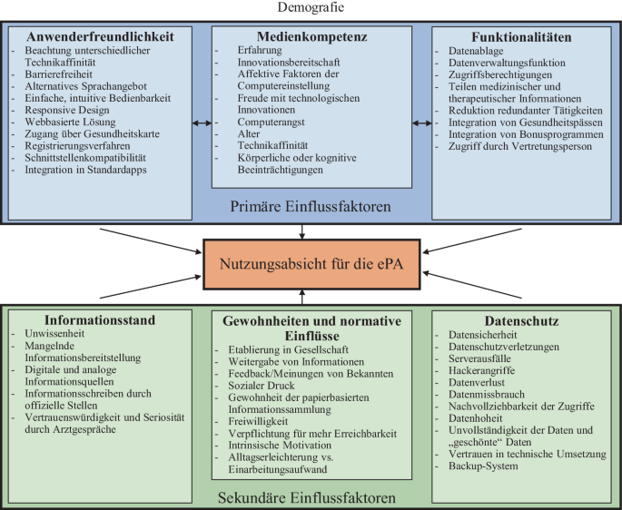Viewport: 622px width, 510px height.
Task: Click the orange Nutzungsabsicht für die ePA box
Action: [x=311, y=264]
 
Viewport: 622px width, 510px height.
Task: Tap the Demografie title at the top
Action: [x=311, y=7]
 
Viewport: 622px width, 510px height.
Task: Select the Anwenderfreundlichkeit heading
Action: [x=100, y=36]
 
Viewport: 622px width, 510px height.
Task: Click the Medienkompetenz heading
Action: [x=311, y=36]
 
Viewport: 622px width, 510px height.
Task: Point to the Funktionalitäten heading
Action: [x=521, y=37]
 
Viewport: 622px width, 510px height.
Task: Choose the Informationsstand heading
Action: [x=100, y=320]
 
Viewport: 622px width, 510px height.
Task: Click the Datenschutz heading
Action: [x=521, y=321]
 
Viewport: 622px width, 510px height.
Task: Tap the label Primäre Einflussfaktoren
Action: [x=311, y=206]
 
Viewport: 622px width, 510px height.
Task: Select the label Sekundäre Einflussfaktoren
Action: [x=307, y=497]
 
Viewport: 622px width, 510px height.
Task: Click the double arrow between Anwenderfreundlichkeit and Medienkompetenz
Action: [x=202, y=123]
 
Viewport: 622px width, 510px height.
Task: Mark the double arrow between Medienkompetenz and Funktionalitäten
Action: [x=421, y=123]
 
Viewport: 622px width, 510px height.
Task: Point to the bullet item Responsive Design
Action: [x=67, y=110]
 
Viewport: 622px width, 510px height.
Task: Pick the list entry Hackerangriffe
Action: [x=481, y=370]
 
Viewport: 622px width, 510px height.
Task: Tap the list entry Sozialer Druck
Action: [x=262, y=386]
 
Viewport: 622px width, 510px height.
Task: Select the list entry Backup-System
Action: [x=483, y=466]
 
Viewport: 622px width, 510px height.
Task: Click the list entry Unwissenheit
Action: [x=54, y=334]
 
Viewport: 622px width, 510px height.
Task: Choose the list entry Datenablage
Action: [x=476, y=51]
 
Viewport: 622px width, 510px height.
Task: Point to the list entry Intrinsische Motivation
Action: [x=280, y=445]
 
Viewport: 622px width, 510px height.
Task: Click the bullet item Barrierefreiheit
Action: [x=58, y=74]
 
